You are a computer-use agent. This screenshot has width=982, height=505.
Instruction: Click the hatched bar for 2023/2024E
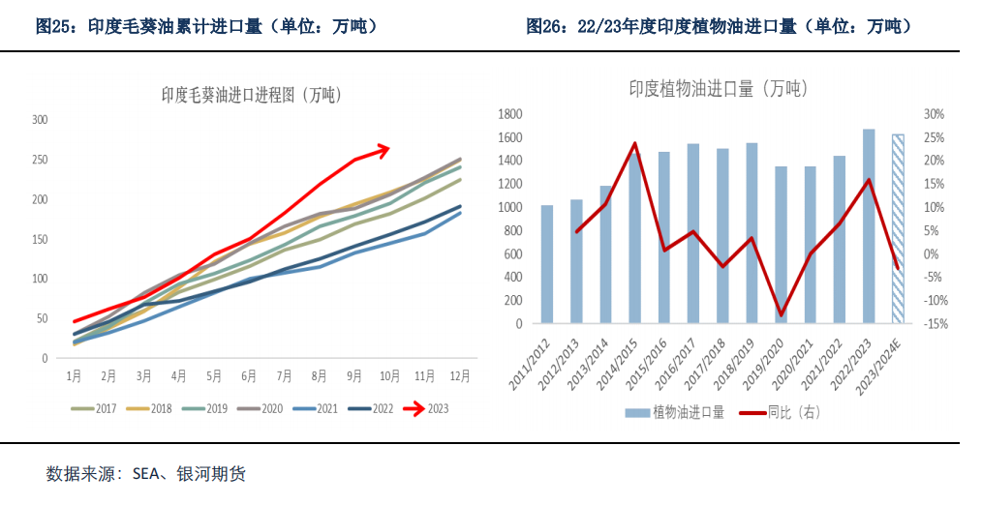898,228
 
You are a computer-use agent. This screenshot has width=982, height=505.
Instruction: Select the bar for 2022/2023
869,225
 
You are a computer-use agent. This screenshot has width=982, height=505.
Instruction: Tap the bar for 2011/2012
547,264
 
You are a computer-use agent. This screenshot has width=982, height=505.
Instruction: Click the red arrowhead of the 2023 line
384,149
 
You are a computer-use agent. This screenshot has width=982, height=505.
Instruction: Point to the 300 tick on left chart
40,120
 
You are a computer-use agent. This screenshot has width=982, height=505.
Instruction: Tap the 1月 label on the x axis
74,375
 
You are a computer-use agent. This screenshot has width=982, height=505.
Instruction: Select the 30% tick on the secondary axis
935,114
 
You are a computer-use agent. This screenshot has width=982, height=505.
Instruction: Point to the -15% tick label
936,324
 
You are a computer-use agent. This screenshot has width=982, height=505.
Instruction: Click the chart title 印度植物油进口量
718,89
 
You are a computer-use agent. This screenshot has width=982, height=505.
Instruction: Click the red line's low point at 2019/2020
782,315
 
